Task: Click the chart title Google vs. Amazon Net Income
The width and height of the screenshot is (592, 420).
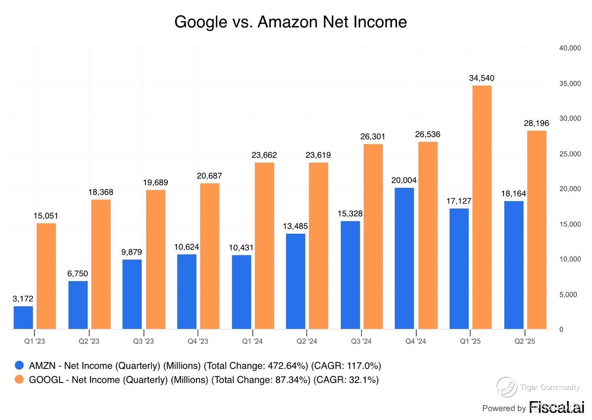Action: click(x=290, y=22)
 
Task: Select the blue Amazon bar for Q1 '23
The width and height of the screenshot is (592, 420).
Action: click(x=23, y=317)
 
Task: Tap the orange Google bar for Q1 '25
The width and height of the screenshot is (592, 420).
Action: click(x=482, y=207)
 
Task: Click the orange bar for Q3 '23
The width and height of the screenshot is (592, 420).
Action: click(x=156, y=259)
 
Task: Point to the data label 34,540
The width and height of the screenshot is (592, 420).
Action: click(x=481, y=78)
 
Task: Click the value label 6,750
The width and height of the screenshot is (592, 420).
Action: click(x=78, y=274)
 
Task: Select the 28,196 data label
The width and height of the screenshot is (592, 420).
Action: click(x=536, y=123)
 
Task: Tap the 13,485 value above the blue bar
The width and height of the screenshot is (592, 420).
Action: click(x=295, y=226)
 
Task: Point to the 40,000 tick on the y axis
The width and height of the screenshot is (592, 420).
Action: click(x=570, y=48)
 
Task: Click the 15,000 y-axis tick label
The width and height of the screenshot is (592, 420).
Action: click(x=570, y=224)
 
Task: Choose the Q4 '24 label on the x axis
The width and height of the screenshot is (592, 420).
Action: click(x=416, y=341)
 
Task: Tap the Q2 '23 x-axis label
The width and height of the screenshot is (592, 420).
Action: click(x=89, y=341)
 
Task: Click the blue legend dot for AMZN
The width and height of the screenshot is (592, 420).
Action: click(x=19, y=365)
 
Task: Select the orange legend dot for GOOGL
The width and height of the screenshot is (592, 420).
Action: click(x=19, y=379)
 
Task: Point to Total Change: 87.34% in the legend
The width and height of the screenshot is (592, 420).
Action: click(x=261, y=380)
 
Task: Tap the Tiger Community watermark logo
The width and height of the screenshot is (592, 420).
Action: click(x=506, y=387)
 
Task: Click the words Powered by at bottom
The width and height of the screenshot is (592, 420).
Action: click(x=504, y=408)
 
